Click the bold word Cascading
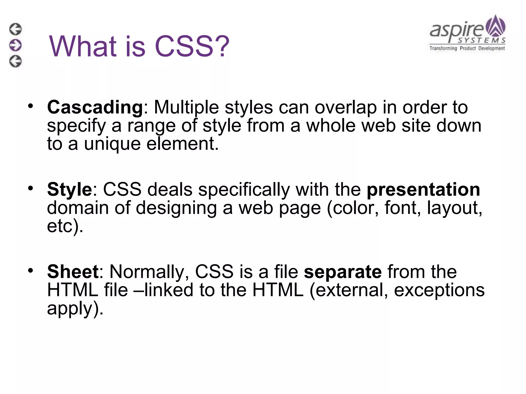click(95, 107)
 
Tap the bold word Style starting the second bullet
click(69, 190)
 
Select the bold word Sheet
click(73, 272)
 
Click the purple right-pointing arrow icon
click(15, 45)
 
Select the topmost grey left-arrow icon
click(15, 29)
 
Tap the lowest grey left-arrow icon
click(15, 61)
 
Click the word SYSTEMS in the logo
click(482, 41)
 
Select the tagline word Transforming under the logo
click(443, 48)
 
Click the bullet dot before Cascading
click(31, 106)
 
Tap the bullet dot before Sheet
click(31, 270)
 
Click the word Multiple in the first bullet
click(186, 107)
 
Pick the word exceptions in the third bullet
click(439, 290)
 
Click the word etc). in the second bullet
click(65, 226)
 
